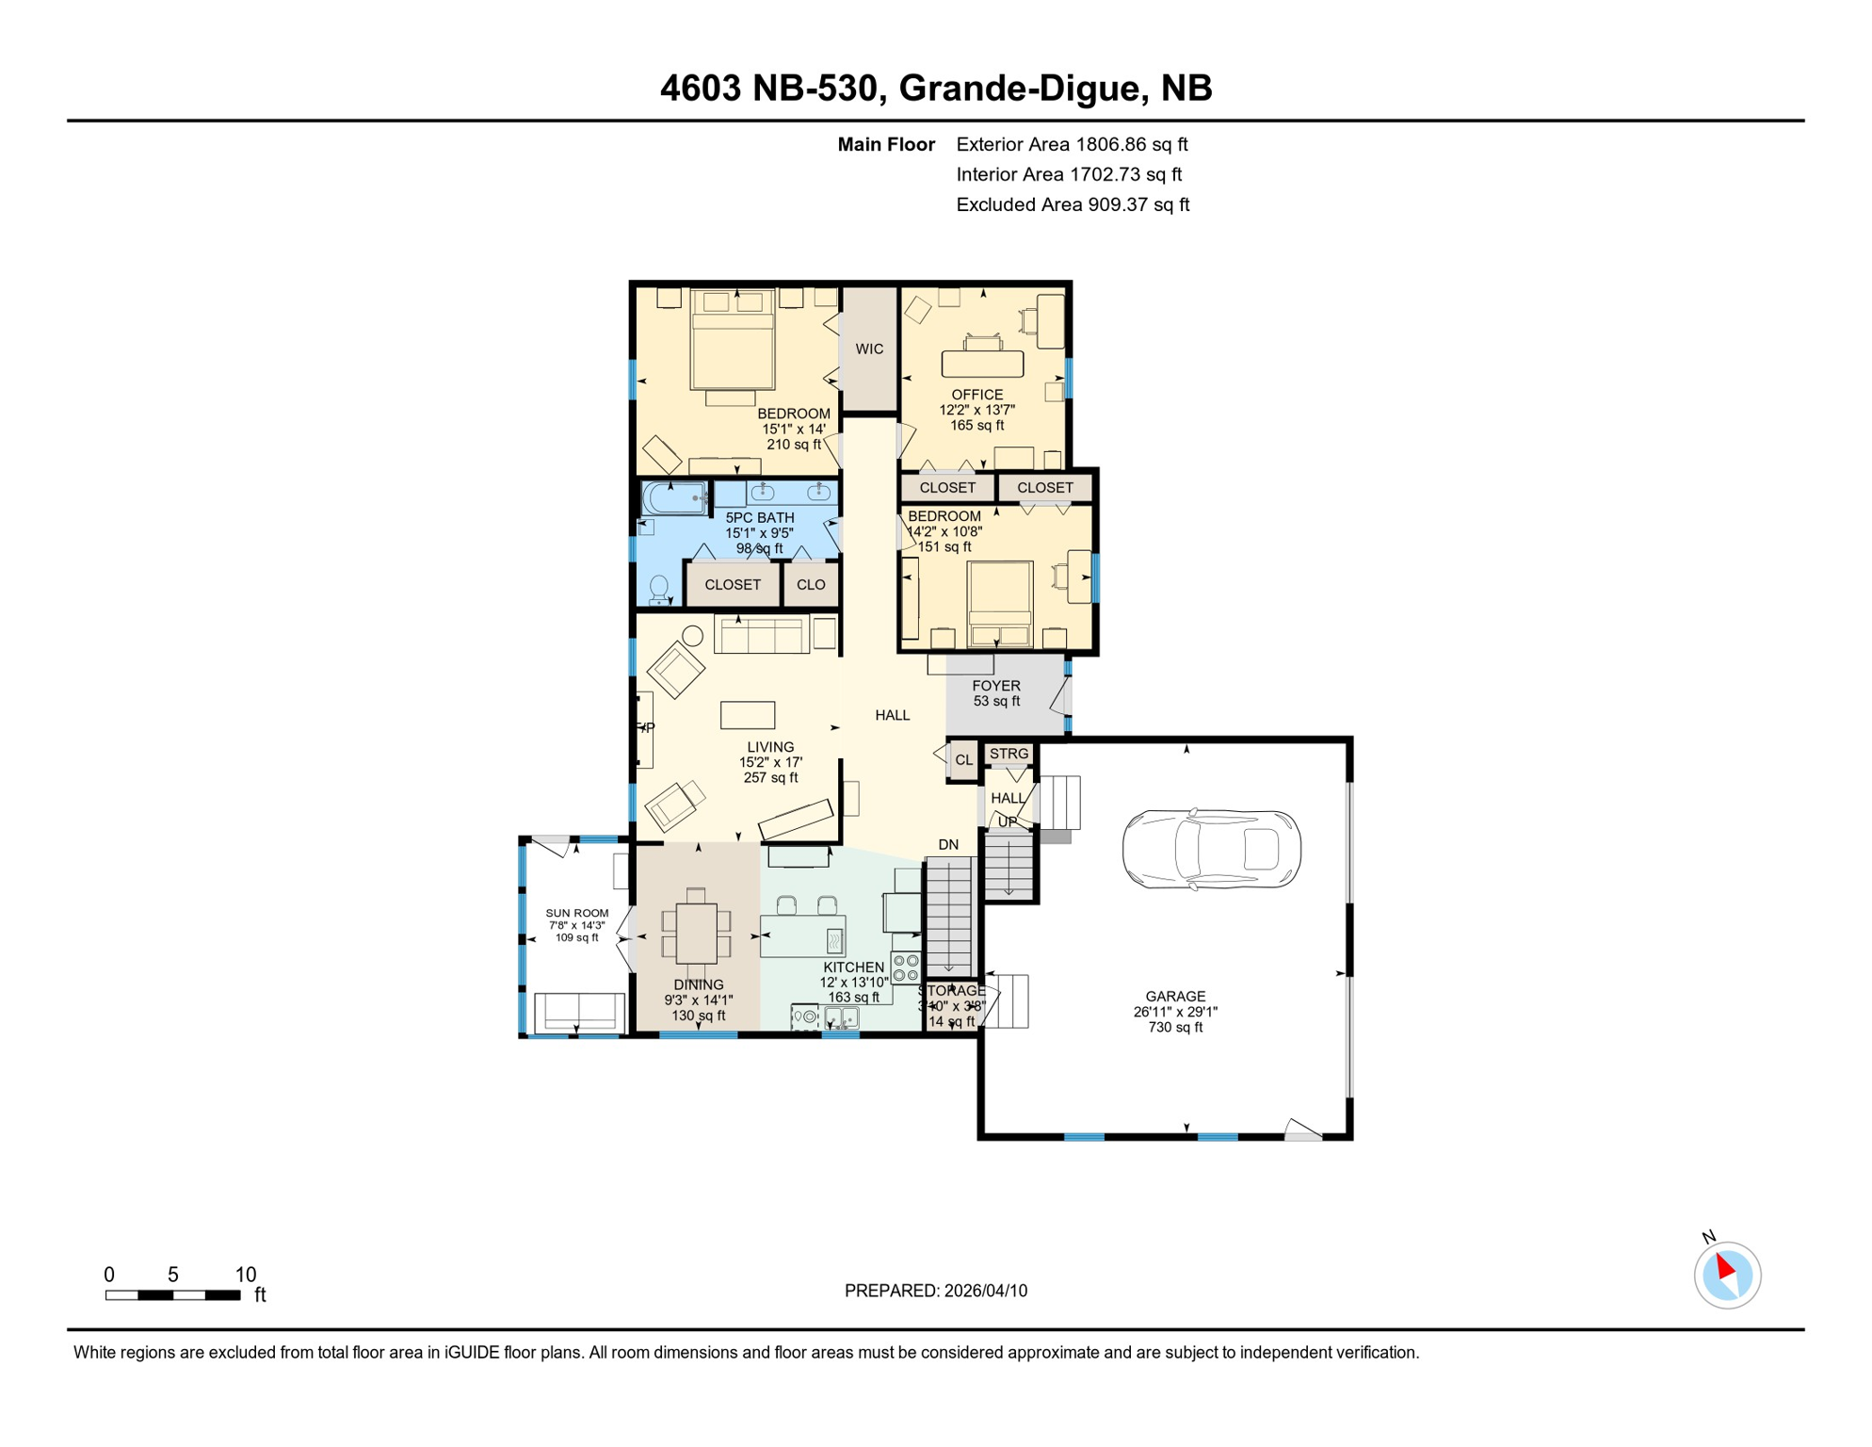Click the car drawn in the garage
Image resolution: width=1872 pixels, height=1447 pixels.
[1211, 849]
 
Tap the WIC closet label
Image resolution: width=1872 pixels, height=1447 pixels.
[869, 350]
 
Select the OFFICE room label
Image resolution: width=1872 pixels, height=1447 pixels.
[976, 395]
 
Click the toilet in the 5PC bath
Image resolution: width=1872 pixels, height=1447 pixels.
[659, 589]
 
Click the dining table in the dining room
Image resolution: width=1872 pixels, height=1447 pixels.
[697, 933]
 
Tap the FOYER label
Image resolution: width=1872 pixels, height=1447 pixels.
[996, 686]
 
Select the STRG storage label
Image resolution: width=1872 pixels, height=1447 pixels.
[1009, 754]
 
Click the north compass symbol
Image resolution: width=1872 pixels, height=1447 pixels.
[1727, 1275]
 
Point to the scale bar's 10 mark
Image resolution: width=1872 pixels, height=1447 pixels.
[245, 1275]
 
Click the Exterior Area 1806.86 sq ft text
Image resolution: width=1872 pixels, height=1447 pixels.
[1072, 144]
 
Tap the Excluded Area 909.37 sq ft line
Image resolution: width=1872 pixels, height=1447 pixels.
[1073, 204]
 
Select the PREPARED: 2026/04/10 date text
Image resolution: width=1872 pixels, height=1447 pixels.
[935, 1291]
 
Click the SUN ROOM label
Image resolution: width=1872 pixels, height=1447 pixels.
[577, 913]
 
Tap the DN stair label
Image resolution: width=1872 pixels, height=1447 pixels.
[948, 844]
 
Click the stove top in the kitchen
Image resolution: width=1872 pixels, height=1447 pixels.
[906, 967]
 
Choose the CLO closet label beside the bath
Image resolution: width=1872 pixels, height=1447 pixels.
[811, 584]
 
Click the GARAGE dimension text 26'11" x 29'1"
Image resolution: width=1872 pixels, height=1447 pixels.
[1175, 1012]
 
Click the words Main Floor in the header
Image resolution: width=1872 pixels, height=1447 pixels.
[886, 144]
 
